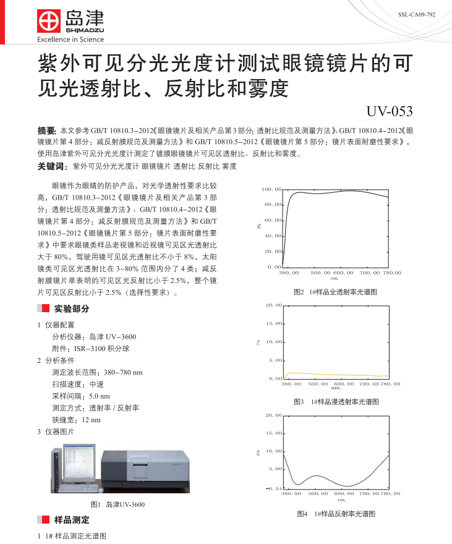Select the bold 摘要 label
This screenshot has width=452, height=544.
tap(47, 131)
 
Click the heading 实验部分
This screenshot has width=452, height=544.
tap(71, 308)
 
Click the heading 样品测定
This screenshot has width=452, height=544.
tap(71, 520)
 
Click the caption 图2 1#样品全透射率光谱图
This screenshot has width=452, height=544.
tap(335, 291)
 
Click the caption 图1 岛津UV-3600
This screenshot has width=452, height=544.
tap(117, 504)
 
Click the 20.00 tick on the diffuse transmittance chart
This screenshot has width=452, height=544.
tap(274, 305)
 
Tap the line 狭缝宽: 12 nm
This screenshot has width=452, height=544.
tap(76, 420)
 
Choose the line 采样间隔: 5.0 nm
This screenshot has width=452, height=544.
tap(81, 396)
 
